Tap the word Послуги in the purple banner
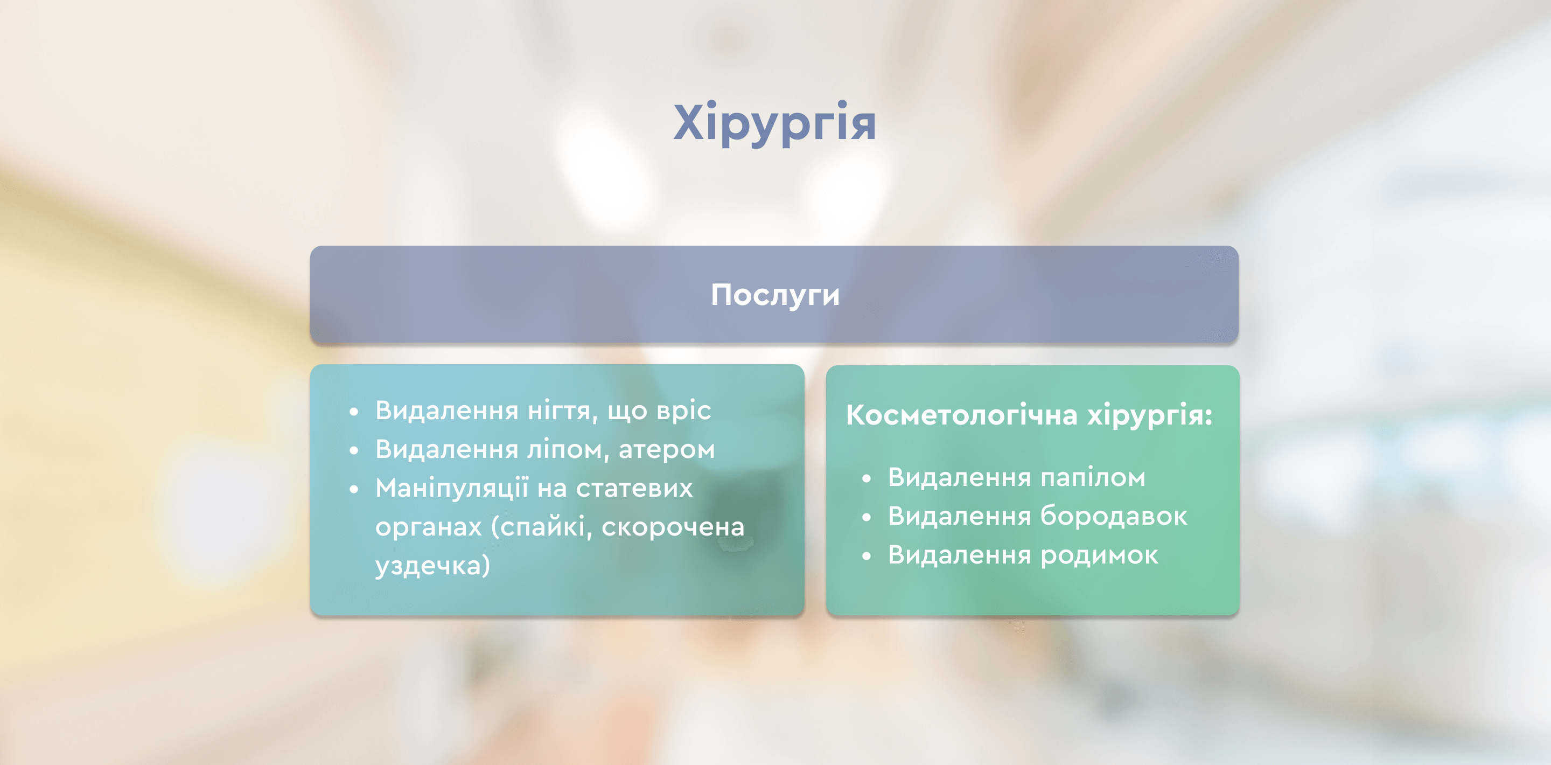pos(775,295)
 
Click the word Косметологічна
pos(961,414)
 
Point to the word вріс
pos(683,412)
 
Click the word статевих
pos(634,489)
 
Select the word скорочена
pos(673,527)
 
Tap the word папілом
pos(1093,478)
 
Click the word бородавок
pos(1114,516)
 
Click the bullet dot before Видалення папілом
pos(867,479)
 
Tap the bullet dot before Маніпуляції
pos(354,489)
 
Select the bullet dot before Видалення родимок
pos(867,556)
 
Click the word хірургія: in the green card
pos(1149,415)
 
